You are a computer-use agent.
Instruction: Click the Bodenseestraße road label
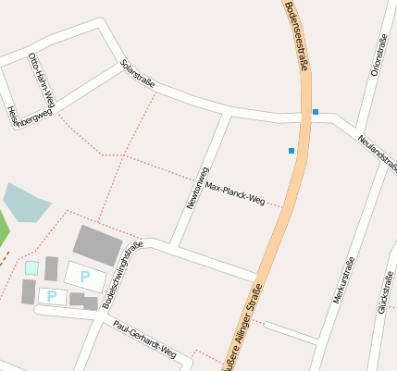pos(295,36)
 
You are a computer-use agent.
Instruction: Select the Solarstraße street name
pos(137,74)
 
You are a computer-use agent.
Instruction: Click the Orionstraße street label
pos(377,55)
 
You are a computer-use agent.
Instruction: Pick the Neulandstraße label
pos(378,152)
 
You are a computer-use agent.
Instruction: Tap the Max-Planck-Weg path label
pos(235,192)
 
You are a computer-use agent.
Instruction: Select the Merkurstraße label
pos(343,280)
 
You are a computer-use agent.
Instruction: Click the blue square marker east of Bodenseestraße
pos(316,112)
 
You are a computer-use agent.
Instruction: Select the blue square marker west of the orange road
pos(292,150)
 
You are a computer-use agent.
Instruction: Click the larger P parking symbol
pos(85,276)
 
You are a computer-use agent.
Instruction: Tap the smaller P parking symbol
pos(52,296)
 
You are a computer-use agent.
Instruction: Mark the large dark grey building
pos(97,244)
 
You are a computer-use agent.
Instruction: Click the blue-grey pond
pos(25,203)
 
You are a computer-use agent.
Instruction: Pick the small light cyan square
pos(31,268)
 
